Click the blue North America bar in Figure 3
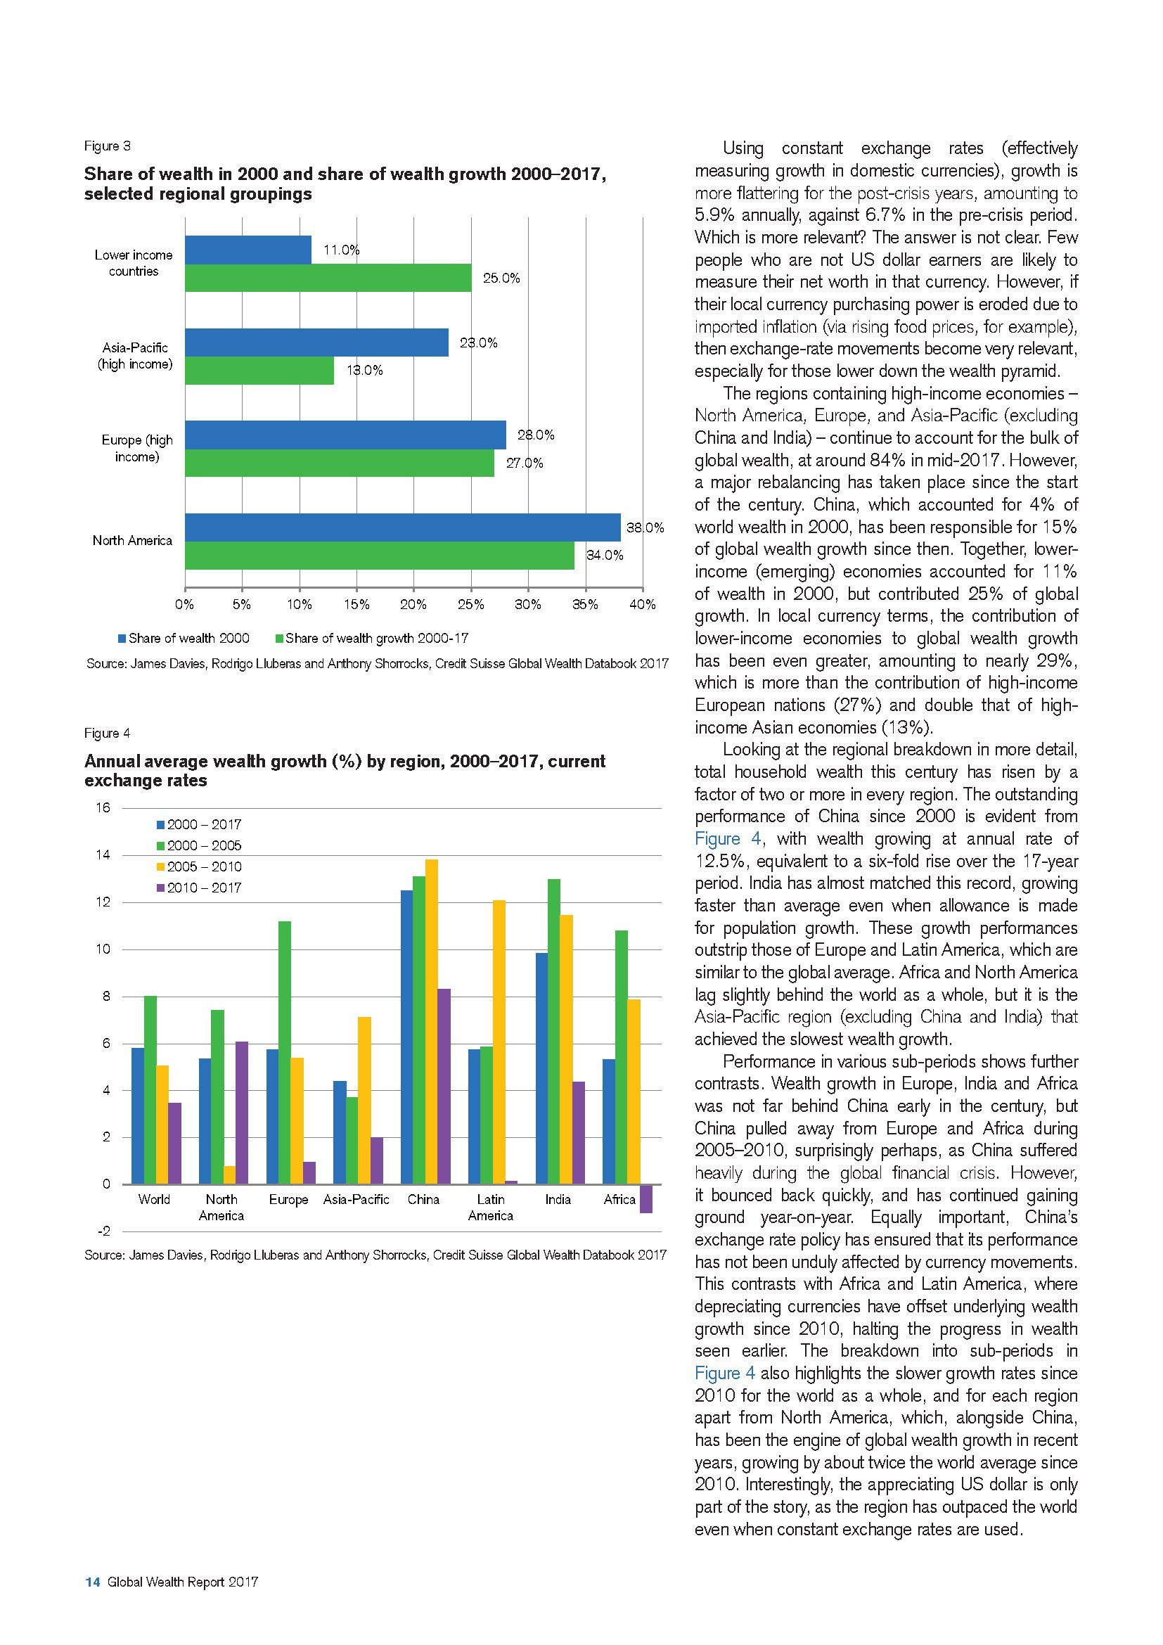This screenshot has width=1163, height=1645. click(402, 527)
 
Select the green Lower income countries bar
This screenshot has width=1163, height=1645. click(328, 278)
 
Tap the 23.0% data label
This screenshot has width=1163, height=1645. click(478, 343)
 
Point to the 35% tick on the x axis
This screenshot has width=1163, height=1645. click(585, 604)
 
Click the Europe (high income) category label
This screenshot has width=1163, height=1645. click(137, 449)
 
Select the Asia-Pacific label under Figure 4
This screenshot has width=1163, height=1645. click(356, 1199)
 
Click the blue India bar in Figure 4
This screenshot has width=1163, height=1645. click(541, 1068)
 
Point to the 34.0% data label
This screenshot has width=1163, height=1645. click(605, 556)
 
